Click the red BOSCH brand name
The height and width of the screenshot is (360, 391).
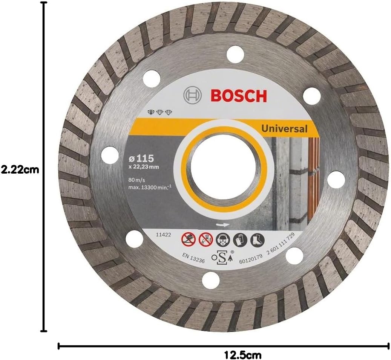[239, 96]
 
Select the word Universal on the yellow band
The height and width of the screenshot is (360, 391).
[284, 128]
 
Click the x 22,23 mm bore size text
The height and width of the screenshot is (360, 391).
[144, 167]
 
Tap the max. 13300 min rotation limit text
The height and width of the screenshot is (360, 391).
[150, 187]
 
